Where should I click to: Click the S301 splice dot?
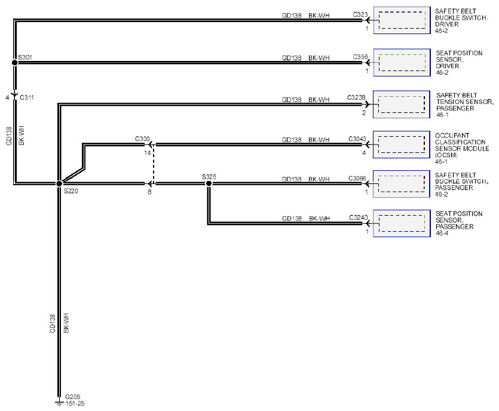14,62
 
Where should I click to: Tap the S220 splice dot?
59,183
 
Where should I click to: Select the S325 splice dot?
209,183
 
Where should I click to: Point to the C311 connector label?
27,97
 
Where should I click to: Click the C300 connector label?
142,139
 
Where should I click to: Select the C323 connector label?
360,14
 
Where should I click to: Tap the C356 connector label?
360,57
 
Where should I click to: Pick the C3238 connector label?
356,97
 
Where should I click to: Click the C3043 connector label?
357,139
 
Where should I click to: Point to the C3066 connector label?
357,178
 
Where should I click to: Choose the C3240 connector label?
359,217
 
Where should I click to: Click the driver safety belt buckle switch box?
402,20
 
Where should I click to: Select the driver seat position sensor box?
402,62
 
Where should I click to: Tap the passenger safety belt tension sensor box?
402,104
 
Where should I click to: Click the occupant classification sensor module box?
402,145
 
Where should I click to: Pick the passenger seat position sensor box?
402,223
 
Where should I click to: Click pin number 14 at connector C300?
147,153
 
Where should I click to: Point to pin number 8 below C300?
149,192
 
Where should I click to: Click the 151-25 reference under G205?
75,403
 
